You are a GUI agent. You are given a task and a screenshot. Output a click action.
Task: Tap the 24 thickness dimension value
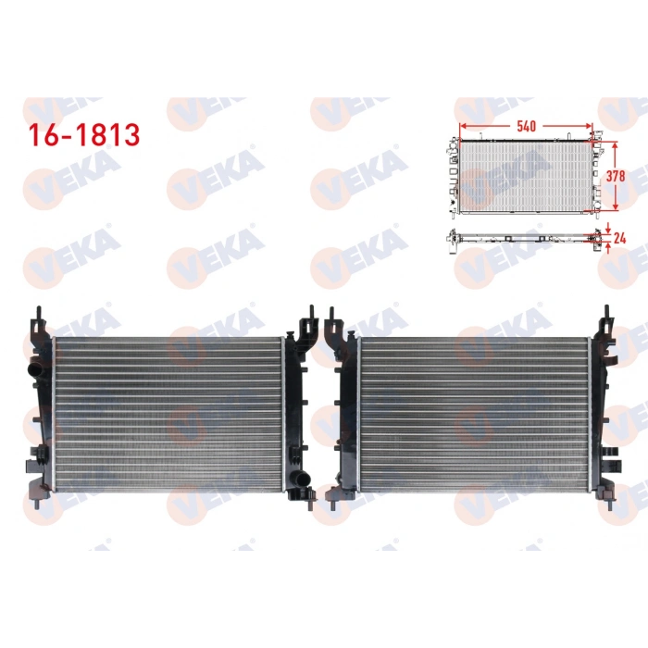(621, 238)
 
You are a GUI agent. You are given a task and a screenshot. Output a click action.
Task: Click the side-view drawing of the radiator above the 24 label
(523, 237)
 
